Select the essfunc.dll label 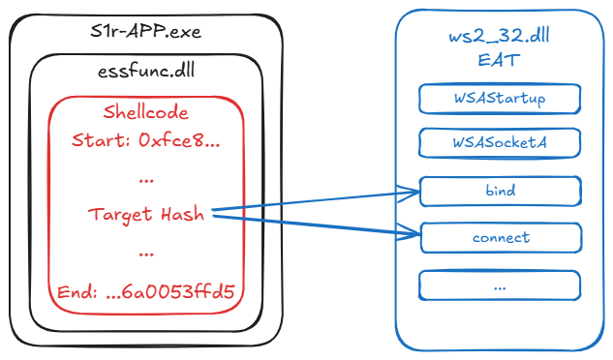pos(145,72)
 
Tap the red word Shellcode pos(145,112)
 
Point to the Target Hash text pos(145,215)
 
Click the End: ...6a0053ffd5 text pos(145,290)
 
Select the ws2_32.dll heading pos(500,38)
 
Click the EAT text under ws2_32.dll pos(500,60)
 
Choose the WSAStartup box pos(500,99)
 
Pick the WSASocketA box pos(500,143)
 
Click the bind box pos(500,191)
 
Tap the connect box pos(500,237)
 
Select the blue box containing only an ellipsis pos(500,285)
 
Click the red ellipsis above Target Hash pos(146,179)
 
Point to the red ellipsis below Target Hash pos(146,254)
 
